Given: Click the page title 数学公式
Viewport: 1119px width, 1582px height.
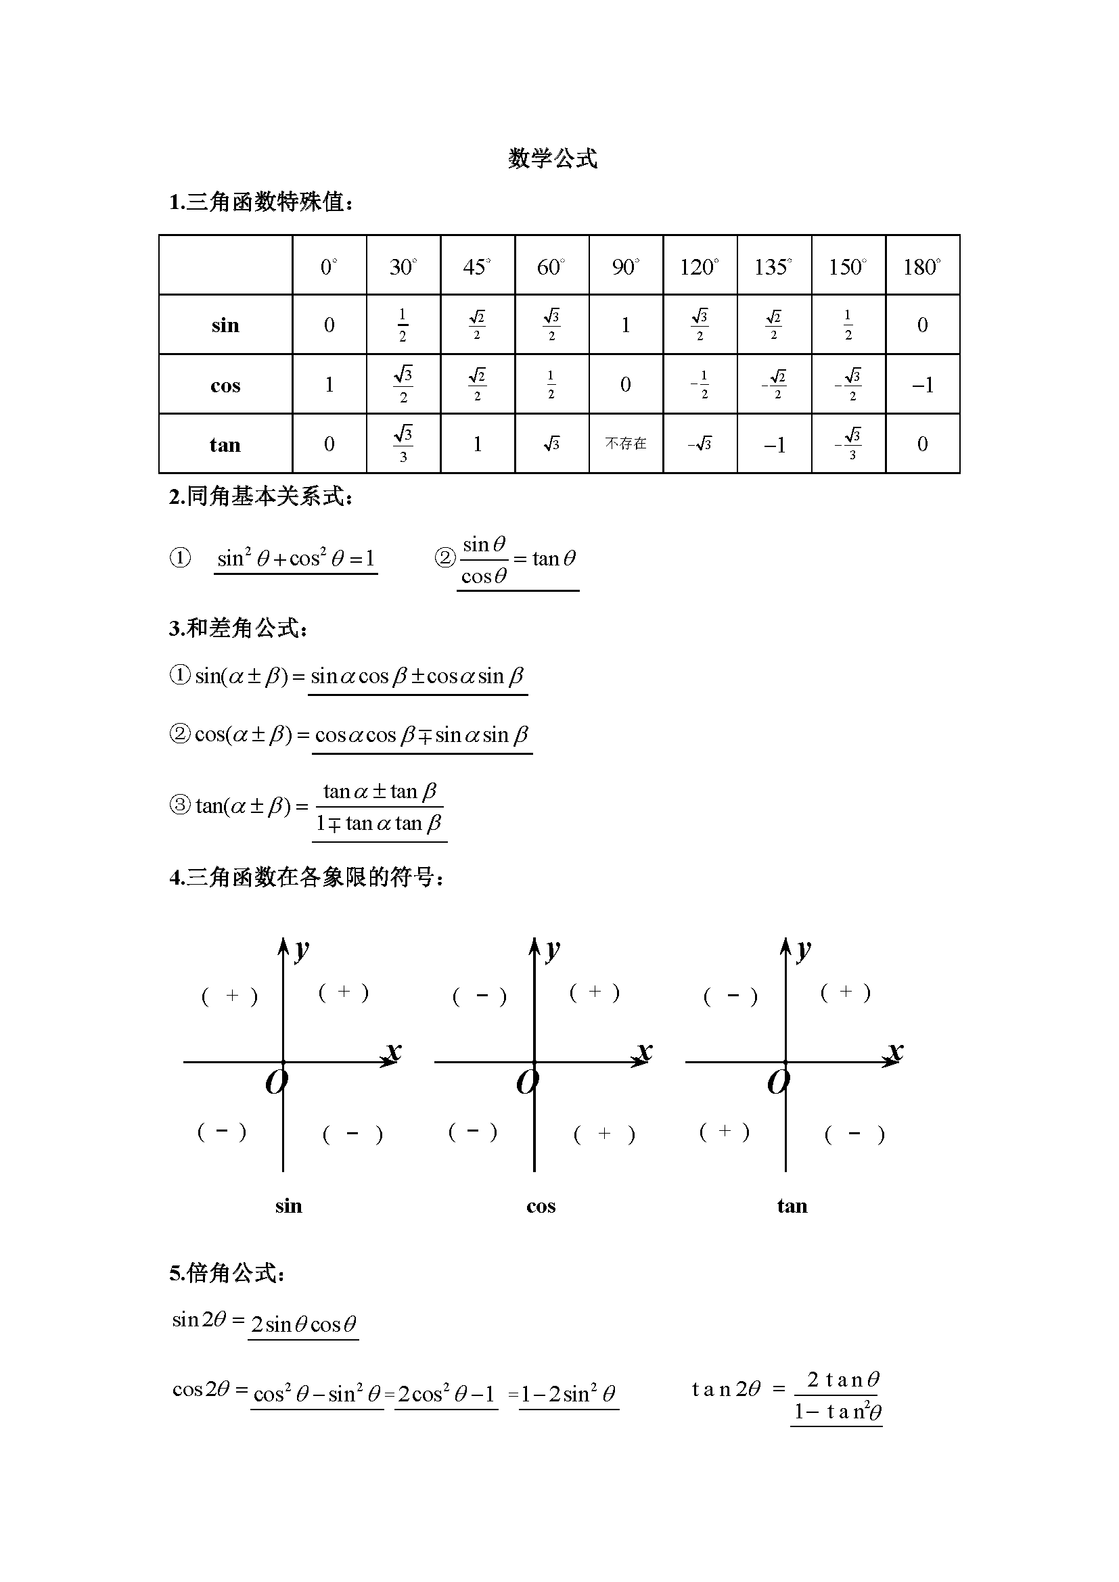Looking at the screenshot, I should click(553, 159).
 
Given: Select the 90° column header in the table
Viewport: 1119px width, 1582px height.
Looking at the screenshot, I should click(626, 266).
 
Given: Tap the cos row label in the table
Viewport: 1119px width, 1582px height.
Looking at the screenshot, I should click(225, 385).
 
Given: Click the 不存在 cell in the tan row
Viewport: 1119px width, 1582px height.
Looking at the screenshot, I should click(626, 444).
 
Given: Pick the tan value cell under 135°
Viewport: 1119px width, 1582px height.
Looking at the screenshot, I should click(775, 445).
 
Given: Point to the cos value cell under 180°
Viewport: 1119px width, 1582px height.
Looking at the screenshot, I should click(923, 385).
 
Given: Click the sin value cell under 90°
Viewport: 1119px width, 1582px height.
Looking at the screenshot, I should click(626, 325).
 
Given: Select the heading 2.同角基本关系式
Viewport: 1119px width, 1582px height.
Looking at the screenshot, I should click(261, 496).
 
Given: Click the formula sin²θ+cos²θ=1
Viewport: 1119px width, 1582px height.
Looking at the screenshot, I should click(296, 558).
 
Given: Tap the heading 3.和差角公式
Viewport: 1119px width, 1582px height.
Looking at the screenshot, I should click(238, 628).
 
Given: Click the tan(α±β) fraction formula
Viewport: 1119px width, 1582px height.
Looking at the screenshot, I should click(380, 807).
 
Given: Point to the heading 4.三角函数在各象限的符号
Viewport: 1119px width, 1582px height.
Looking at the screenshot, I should click(306, 877).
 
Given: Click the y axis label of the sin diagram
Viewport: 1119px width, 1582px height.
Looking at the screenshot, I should click(302, 950).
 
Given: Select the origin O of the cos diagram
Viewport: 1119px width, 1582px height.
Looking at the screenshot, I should click(527, 1082).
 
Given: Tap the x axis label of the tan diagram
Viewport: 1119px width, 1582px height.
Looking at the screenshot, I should click(895, 1051).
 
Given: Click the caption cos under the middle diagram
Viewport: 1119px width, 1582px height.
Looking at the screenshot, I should click(541, 1206).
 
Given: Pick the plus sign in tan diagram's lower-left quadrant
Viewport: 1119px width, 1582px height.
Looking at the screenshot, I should click(724, 1132).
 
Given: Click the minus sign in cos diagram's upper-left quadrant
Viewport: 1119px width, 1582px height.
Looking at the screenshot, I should click(481, 996).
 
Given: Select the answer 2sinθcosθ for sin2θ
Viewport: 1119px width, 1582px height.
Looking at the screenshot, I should click(303, 1324).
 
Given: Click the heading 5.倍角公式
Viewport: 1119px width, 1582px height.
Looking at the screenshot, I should click(227, 1273).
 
